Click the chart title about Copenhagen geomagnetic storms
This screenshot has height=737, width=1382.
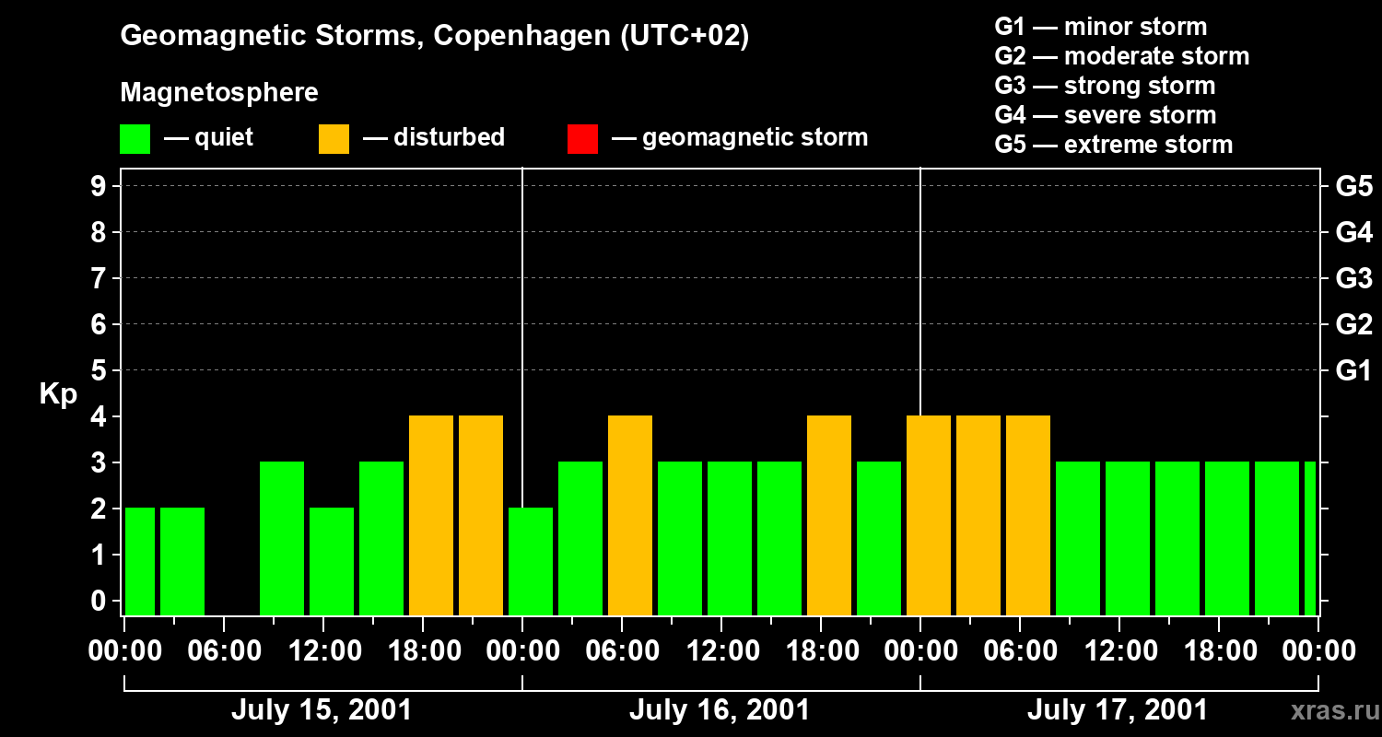point(434,36)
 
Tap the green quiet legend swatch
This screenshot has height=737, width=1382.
point(135,138)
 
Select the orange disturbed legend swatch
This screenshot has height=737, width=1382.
point(334,138)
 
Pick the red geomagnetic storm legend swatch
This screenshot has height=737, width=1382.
point(582,138)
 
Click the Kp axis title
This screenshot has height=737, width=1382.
point(58,394)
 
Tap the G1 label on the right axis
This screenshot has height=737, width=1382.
point(1353,370)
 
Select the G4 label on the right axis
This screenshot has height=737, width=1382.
point(1353,232)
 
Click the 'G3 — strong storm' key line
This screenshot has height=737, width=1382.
point(1105,86)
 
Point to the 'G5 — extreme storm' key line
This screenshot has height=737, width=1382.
point(1113,145)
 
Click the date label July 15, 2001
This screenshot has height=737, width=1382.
point(321,710)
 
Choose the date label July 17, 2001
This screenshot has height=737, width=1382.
point(1117,710)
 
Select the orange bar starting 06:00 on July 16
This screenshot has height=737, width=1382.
point(630,515)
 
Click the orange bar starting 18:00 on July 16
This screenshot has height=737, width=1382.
point(829,515)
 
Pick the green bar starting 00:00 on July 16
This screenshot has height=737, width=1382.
point(531,561)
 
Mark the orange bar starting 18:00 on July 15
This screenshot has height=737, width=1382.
point(431,515)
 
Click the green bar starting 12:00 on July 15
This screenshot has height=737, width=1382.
point(332,561)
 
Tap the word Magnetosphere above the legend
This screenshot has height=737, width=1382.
point(219,93)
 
